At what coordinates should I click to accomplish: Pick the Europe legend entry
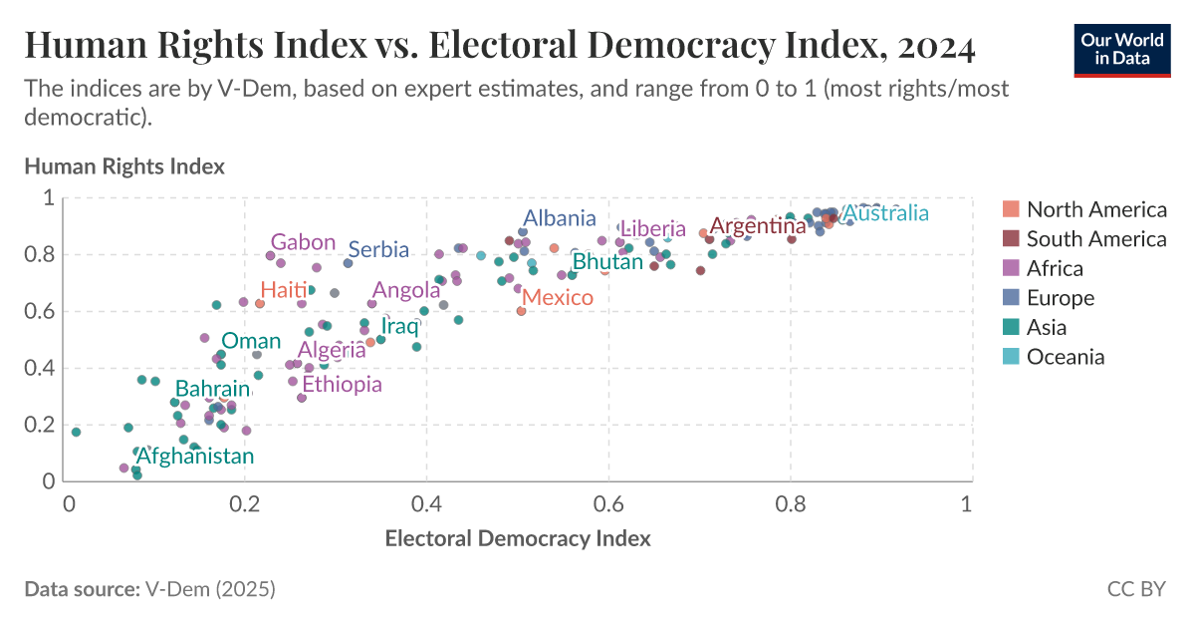[1060, 298]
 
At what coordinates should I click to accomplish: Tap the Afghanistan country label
[195, 457]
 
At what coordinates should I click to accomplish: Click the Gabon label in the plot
[303, 242]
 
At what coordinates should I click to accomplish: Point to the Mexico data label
[558, 297]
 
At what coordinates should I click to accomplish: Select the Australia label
[886, 213]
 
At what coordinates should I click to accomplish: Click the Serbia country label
[378, 249]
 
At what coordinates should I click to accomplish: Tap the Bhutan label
[608, 262]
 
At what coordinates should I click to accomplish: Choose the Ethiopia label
[342, 385]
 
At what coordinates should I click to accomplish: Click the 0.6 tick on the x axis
[608, 503]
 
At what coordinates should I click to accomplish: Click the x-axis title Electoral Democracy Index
[518, 539]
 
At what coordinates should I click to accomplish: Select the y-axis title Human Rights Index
[124, 166]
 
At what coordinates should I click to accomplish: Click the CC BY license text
[1136, 589]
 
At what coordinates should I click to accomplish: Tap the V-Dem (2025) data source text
[209, 589]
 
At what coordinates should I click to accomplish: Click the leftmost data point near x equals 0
[76, 432]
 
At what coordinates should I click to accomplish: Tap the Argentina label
[758, 226]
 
